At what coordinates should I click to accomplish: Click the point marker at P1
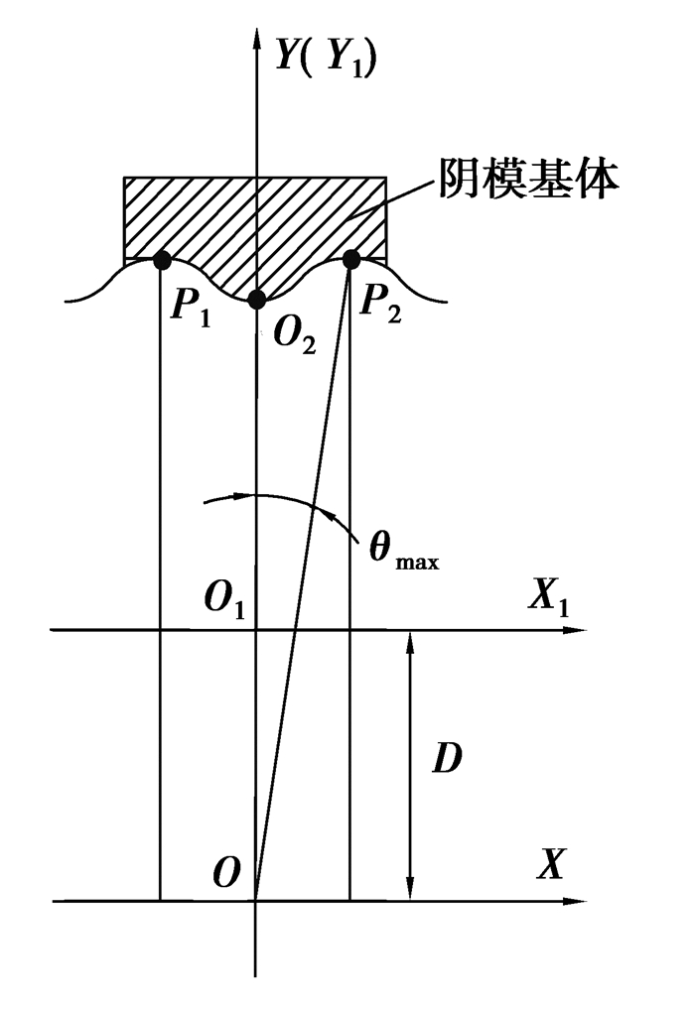pyautogui.click(x=161, y=260)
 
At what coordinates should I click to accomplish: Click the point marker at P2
pyautogui.click(x=350, y=260)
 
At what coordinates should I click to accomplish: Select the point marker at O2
pyautogui.click(x=256, y=300)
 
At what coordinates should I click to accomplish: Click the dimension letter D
pyautogui.click(x=451, y=760)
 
